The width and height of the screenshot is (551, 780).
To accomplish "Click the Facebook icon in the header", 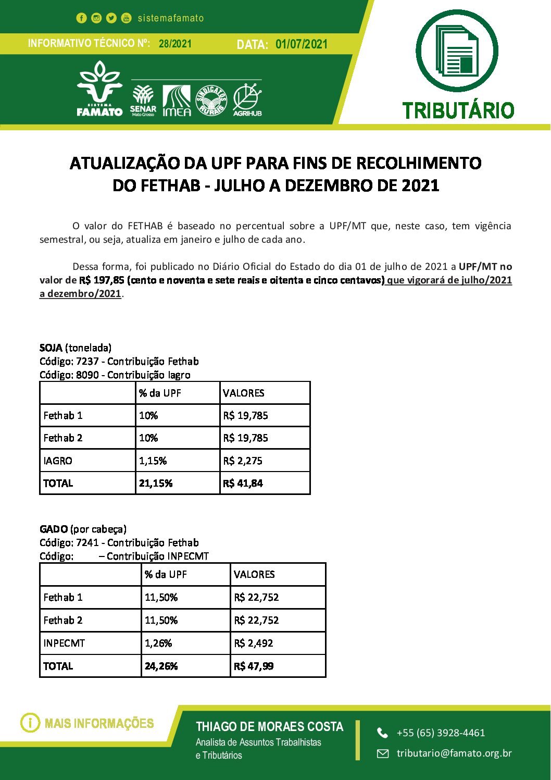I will click(x=81, y=18).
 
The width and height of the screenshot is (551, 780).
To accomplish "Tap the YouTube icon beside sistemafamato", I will click(x=126, y=18).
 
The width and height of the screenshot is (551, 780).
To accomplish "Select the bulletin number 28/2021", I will click(x=175, y=44).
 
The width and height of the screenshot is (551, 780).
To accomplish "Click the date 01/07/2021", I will click(x=302, y=44).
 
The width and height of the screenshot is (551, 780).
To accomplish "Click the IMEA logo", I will click(x=177, y=101).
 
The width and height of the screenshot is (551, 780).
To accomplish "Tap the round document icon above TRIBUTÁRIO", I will click(x=457, y=51).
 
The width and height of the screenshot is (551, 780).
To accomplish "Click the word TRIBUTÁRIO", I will click(x=458, y=110).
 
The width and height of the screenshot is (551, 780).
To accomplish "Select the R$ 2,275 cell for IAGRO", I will click(x=243, y=461).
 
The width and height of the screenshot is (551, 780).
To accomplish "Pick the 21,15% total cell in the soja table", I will click(x=156, y=483).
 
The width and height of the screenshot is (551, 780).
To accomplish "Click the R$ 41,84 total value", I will click(x=243, y=483).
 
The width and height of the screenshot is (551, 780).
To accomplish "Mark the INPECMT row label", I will click(x=64, y=643).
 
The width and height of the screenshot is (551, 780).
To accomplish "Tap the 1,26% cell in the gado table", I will click(x=158, y=643).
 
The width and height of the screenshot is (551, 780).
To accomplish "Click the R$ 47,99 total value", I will click(x=254, y=666).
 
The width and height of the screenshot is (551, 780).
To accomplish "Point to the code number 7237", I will click(x=87, y=361).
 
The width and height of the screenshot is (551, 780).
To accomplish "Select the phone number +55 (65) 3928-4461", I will click(x=441, y=733).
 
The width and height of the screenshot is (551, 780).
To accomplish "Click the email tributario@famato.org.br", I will click(x=454, y=753).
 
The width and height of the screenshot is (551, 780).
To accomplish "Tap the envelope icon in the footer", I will click(x=383, y=753).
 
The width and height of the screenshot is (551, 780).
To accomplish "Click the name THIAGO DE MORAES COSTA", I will click(x=269, y=727).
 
